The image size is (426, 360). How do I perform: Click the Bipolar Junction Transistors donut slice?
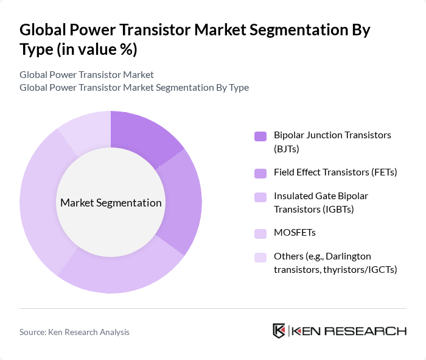click(x=142, y=135)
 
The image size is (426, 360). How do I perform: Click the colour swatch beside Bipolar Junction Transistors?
click(x=260, y=136)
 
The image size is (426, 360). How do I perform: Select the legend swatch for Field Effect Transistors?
click(x=260, y=173)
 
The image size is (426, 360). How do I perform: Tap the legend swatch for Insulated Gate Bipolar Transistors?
click(x=260, y=197)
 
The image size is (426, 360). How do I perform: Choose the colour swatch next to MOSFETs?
click(x=260, y=233)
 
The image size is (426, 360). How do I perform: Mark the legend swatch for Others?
click(x=260, y=257)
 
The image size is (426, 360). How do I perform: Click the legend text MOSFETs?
click(x=295, y=233)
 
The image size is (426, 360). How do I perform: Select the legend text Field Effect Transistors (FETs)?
click(x=335, y=172)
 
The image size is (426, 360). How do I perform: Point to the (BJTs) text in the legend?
click(x=287, y=148)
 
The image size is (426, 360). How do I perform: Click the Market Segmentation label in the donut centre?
click(x=111, y=203)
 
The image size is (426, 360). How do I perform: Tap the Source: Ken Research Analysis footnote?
click(x=74, y=332)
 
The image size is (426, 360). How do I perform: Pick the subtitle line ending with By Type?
click(x=134, y=87)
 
